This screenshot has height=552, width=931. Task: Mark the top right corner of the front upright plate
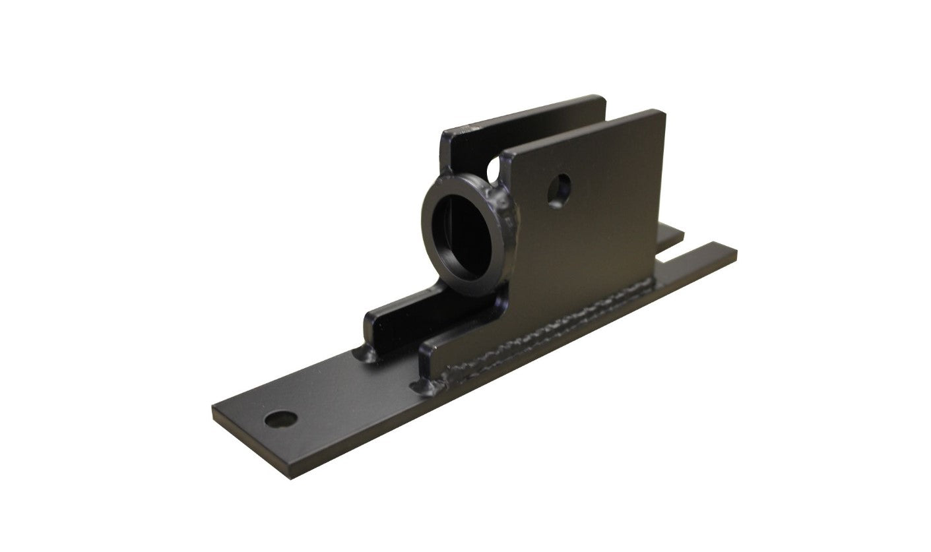point(662,113)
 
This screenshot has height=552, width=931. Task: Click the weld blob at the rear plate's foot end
point(364,356)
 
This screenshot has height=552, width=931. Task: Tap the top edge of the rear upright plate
point(528,111)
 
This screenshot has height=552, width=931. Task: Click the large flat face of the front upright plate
point(594,231)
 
